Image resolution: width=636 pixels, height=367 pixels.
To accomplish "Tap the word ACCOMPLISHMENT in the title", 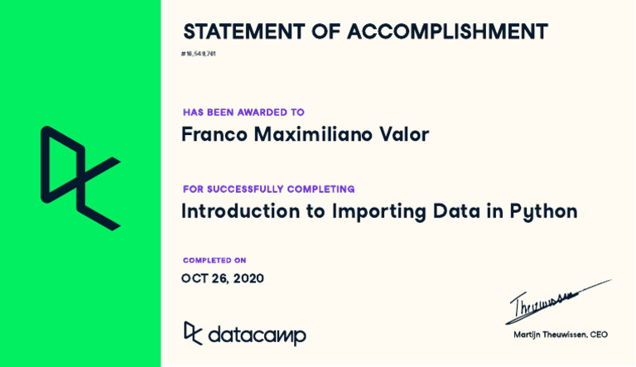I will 447,32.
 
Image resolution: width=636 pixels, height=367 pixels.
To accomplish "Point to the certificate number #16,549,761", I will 199,54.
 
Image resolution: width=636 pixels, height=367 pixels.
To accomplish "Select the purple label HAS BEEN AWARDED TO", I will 243,113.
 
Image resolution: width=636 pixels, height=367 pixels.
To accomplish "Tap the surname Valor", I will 406,134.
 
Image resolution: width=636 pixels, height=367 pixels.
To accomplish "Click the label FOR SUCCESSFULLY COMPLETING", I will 269,190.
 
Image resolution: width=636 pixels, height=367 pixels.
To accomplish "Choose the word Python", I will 543,212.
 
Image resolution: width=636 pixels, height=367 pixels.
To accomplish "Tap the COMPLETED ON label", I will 214,261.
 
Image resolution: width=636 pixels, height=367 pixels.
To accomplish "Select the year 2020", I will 248,279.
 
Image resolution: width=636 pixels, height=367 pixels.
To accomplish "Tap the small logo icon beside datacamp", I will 192,333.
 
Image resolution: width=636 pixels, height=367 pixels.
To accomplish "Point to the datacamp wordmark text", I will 257,335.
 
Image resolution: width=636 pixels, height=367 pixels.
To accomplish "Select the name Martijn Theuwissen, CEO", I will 561,335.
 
